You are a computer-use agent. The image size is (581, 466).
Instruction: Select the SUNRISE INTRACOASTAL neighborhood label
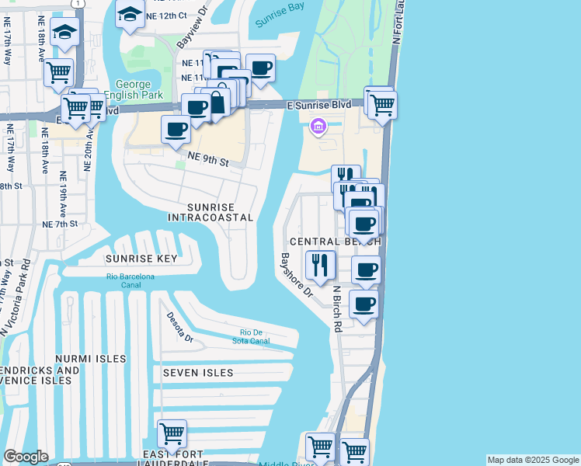(210, 212)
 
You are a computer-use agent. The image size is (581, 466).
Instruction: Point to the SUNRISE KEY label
(142, 259)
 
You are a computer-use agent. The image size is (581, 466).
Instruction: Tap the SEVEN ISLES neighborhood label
(198, 373)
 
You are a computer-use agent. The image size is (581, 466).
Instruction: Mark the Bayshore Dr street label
(296, 276)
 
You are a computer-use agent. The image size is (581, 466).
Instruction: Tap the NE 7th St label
(60, 224)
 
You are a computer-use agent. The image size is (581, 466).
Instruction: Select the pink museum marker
(318, 126)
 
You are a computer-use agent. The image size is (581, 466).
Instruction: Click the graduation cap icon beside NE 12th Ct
(130, 13)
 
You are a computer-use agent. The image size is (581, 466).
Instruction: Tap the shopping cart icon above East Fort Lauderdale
(172, 433)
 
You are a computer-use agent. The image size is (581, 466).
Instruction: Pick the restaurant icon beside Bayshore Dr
(320, 266)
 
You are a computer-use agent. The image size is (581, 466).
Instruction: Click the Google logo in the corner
(25, 457)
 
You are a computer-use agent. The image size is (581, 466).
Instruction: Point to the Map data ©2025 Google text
(533, 460)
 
